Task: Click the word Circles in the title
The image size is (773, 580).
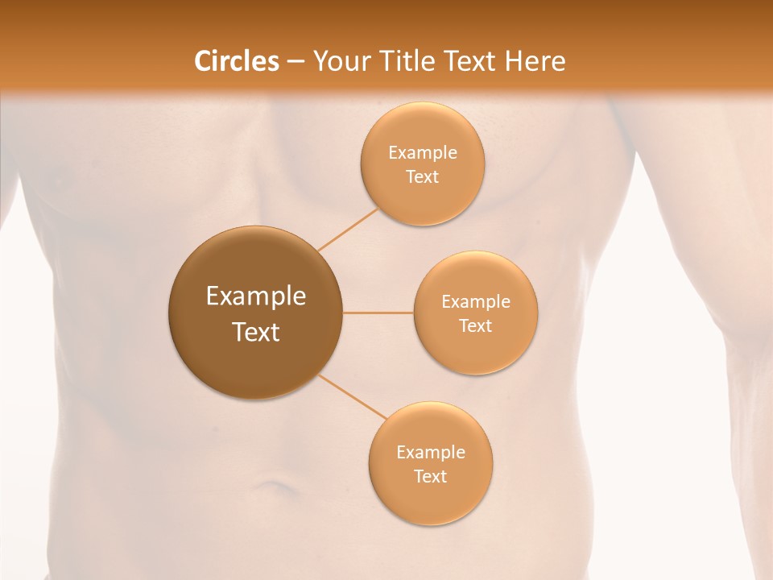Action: [x=236, y=61]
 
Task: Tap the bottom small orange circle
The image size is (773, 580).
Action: [x=431, y=499]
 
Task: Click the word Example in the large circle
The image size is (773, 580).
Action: [x=256, y=296]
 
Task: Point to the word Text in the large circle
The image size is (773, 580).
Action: [x=256, y=332]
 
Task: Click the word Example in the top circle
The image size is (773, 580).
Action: [x=423, y=152]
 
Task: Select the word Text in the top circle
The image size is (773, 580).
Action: [x=423, y=177]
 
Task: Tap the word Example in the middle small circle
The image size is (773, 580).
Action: [x=476, y=302]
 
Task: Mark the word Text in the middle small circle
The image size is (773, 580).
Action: [x=476, y=326]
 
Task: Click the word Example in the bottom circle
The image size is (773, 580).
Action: [x=431, y=452]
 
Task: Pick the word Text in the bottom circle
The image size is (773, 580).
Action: [x=431, y=477]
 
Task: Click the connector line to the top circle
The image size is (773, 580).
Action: [x=348, y=229]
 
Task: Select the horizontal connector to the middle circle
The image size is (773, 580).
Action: [x=378, y=313]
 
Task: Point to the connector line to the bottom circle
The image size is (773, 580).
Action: [x=353, y=396]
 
